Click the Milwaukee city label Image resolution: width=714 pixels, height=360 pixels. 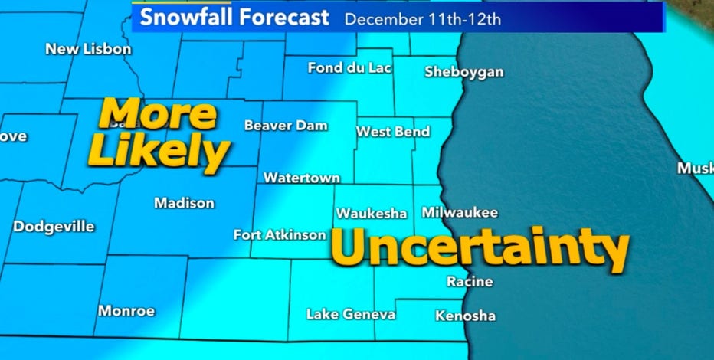tap(460, 212)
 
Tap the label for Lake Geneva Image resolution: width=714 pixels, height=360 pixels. tap(351, 314)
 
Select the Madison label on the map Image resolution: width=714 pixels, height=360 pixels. tap(184, 203)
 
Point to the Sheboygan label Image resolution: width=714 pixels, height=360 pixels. tap(464, 72)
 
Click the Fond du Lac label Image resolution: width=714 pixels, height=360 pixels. tap(349, 67)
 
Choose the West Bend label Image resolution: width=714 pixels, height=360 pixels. tap(393, 132)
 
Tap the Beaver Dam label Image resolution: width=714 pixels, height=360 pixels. tap(286, 125)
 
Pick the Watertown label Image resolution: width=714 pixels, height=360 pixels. tap(302, 178)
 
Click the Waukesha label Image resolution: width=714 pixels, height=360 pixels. tap(372, 213)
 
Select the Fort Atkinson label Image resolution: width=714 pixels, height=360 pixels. tap(280, 234)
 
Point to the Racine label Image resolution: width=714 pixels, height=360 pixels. tap(470, 282)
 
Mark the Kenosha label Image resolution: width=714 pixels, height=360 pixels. tap(465, 316)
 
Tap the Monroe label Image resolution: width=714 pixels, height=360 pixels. tap(126, 311)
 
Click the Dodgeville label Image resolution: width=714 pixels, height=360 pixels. tap(54, 227)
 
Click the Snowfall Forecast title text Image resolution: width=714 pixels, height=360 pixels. tap(234, 17)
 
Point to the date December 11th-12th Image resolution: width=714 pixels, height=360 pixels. tap(423, 18)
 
